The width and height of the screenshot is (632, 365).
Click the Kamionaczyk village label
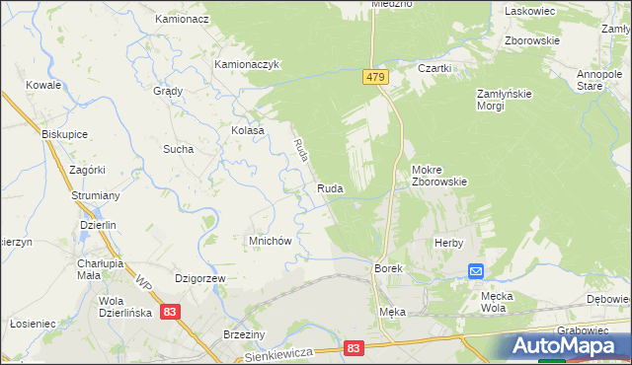pos(249,64)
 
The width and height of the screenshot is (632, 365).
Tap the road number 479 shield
pos(382,77)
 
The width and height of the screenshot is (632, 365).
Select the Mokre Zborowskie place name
pos(438,175)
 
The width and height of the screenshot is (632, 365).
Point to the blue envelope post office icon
pos(476,271)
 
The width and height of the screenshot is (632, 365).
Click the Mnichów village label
pos(268,242)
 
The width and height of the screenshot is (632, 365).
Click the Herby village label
pos(449,243)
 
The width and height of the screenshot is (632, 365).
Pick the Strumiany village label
pos(96,196)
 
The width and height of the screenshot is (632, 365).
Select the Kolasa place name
pos(248,130)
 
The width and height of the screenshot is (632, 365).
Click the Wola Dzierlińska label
pos(124,307)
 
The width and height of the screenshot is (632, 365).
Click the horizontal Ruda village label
pos(330,188)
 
